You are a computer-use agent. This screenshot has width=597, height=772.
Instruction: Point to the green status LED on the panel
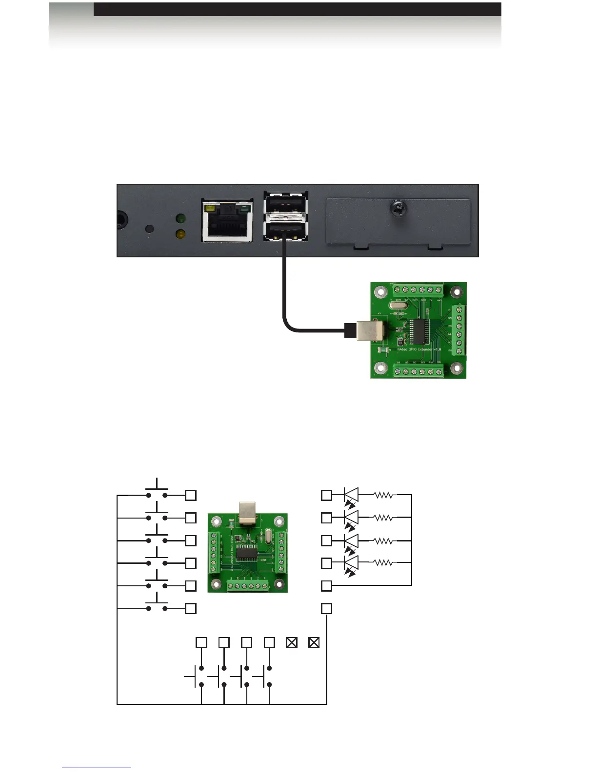[180, 219]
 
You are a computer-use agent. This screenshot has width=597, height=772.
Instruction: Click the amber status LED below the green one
[180, 234]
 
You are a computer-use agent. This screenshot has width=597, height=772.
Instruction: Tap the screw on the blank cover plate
[398, 210]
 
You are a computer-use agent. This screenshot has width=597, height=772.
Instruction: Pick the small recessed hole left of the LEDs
[150, 229]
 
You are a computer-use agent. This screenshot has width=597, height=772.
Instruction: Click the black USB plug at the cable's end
[350, 330]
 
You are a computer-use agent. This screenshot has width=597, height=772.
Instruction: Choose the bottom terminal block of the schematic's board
[247, 586]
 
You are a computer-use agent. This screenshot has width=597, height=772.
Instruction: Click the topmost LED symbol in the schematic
[351, 495]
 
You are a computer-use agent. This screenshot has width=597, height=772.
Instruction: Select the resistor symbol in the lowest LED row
[383, 563]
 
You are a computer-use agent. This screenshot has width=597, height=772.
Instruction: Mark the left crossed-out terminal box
[292, 642]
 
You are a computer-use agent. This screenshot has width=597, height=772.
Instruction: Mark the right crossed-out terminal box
[314, 642]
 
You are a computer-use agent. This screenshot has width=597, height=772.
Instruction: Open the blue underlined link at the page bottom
[97, 768]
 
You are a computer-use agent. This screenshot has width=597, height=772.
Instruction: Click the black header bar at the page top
[297, 9]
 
